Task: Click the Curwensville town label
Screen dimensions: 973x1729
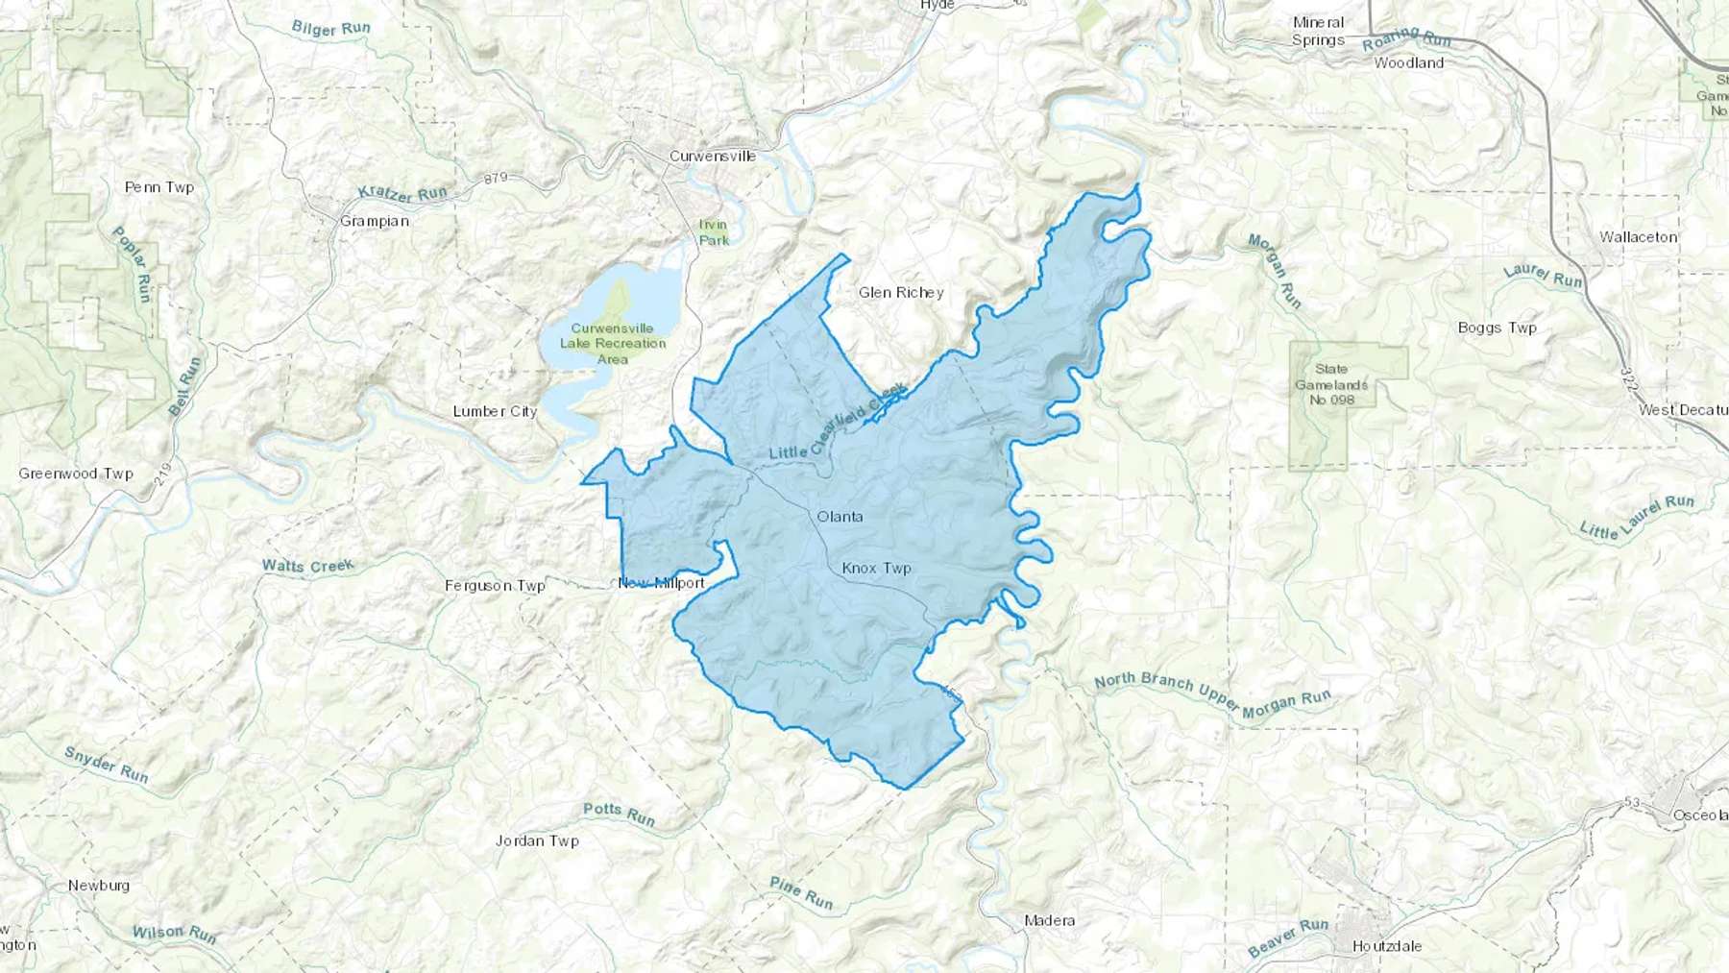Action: tap(712, 156)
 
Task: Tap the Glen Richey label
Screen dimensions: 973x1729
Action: tap(900, 292)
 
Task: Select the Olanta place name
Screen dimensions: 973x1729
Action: tap(840, 517)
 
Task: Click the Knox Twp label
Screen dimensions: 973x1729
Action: tap(876, 569)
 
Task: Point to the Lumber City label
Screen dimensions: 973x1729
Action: tap(495, 411)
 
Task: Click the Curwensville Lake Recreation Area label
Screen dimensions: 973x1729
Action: tap(613, 343)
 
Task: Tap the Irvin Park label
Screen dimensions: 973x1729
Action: tap(713, 232)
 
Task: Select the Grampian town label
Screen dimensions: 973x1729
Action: tap(375, 221)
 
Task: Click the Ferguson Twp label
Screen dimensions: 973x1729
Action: tap(495, 585)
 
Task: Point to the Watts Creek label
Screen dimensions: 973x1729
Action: tap(307, 566)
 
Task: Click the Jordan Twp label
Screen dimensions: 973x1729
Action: tap(537, 840)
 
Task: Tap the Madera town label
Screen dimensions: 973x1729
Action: tap(1049, 920)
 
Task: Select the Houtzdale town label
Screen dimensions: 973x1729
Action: tap(1386, 946)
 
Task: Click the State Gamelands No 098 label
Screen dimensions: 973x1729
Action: tap(1331, 384)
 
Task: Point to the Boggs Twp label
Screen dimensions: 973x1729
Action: tap(1497, 328)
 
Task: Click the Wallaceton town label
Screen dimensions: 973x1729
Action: tap(1638, 236)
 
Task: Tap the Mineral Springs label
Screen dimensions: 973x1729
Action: tap(1318, 31)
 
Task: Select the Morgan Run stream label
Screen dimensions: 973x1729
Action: tap(1275, 272)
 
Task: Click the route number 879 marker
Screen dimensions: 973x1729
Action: tap(496, 179)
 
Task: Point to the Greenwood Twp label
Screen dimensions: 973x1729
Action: tap(76, 474)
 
